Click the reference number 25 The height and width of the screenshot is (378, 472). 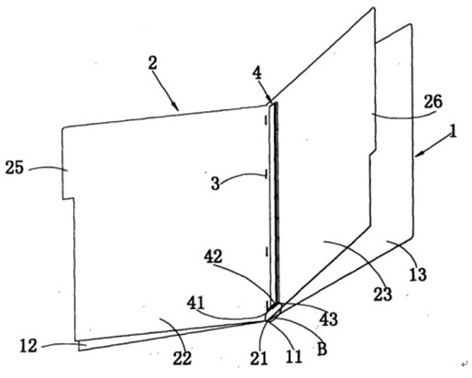[x=15, y=167]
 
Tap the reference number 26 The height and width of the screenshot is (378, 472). [x=433, y=102]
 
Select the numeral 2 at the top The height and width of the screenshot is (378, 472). [x=152, y=63]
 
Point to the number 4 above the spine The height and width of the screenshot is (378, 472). [x=258, y=73]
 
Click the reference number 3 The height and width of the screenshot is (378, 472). [x=215, y=183]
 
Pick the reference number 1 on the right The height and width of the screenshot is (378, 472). [x=454, y=131]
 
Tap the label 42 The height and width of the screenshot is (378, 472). [x=213, y=256]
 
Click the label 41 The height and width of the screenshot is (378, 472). [x=195, y=303]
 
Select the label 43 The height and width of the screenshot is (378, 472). [x=328, y=319]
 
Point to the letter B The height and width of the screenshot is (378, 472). [x=322, y=349]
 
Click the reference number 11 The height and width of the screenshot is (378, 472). [x=293, y=356]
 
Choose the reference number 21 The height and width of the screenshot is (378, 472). [x=258, y=358]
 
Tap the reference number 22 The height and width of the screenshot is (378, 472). [x=182, y=358]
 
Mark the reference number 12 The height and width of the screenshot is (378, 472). [x=28, y=346]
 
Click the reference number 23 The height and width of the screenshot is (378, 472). [x=382, y=295]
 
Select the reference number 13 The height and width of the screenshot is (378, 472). [x=418, y=274]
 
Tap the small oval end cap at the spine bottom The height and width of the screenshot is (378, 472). [x=274, y=311]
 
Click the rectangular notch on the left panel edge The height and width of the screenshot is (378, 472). [x=69, y=198]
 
